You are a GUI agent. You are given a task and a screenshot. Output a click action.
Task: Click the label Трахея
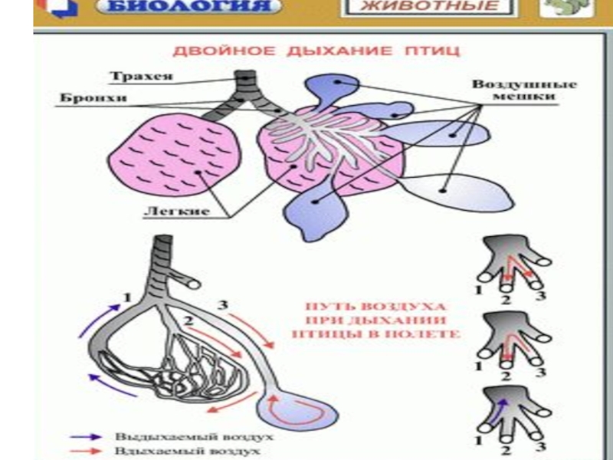(x=140, y=77)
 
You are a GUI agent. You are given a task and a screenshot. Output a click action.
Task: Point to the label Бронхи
(x=80, y=99)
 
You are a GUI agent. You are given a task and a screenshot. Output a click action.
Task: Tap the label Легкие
(x=185, y=210)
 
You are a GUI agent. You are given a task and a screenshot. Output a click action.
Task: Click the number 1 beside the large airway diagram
(x=129, y=296)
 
